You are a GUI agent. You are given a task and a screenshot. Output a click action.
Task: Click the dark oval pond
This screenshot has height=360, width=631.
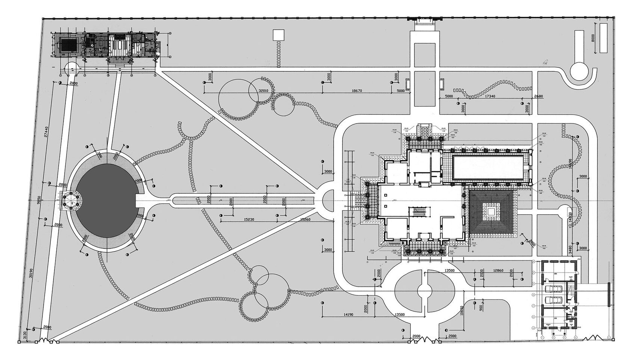107,200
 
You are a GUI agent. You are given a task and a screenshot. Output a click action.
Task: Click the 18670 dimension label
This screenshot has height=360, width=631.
359,91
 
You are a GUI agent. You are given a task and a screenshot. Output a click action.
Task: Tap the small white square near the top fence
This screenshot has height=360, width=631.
278,35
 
